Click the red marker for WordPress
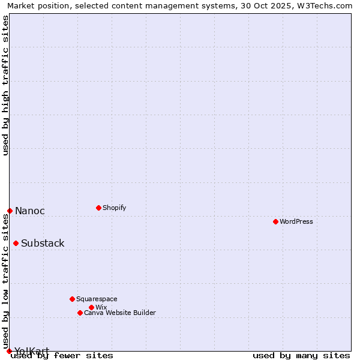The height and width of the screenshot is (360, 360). coord(275,221)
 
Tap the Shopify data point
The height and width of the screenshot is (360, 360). coord(98,208)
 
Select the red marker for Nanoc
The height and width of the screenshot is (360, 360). coord(10,211)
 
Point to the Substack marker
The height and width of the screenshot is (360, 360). coord(16,243)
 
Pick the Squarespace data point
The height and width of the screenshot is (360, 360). coord(72,299)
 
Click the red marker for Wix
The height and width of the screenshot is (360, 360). coord(91,307)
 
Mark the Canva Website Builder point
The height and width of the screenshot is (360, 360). coord(80,313)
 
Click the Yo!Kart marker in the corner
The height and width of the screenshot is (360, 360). coord(9,351)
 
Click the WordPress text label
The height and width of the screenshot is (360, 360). coord(296,221)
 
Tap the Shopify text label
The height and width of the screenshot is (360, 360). coord(115,208)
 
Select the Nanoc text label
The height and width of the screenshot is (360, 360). coord(30,211)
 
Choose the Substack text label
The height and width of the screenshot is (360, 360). coord(43,243)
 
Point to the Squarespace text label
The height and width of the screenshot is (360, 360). coord(97,299)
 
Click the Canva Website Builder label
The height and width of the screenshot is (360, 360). coord(120,313)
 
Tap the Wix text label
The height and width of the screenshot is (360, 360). coord(101,307)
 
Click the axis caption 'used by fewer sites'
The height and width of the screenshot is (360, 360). coord(62,356)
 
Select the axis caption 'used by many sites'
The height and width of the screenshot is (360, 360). coord(301,356)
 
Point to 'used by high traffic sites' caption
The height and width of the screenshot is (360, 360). coord(5,85)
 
